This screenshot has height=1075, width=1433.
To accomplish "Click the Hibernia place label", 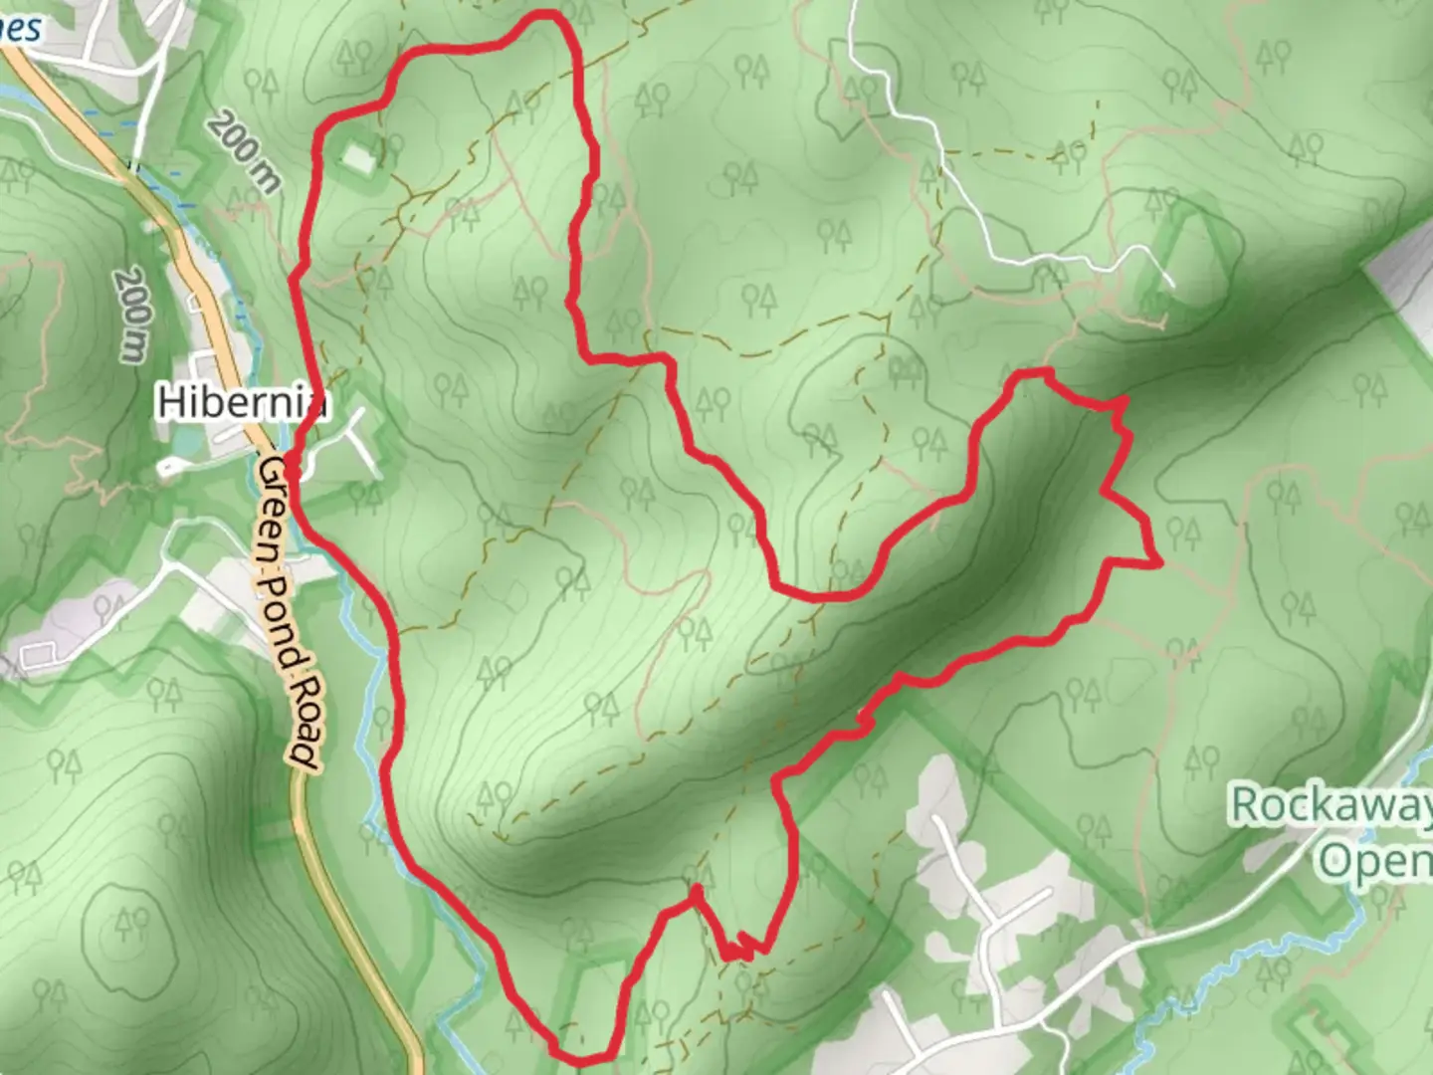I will click(243, 402).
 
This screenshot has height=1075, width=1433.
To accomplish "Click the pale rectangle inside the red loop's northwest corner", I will click(359, 156).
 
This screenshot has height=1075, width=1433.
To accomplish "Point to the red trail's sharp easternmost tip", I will click(1160, 564).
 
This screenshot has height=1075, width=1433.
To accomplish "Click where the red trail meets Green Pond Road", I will click(289, 460).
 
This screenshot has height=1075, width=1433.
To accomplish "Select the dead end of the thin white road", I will click(1172, 287).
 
